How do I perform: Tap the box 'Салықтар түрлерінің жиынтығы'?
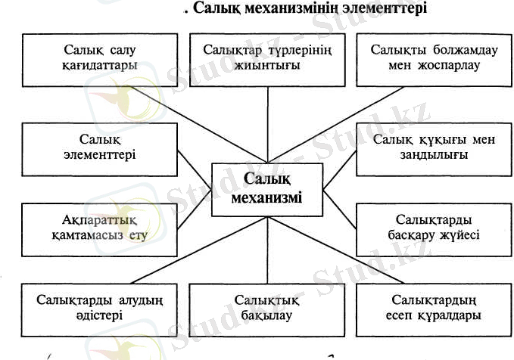point(269,57)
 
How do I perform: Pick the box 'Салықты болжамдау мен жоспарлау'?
point(426,57)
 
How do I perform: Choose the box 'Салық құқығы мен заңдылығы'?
point(425,147)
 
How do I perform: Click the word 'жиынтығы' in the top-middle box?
point(268,65)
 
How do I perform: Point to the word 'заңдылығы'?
point(426,155)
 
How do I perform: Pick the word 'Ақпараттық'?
point(97,219)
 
